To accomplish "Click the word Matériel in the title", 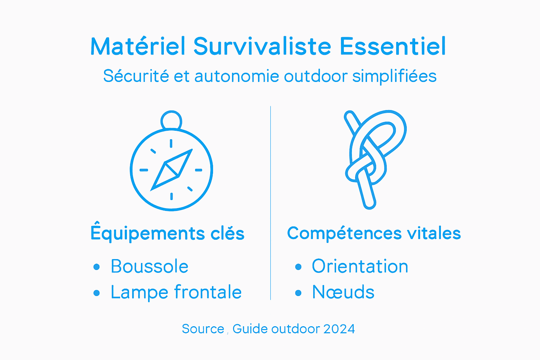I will tap(137, 46).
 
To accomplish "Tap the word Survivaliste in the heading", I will tap(262, 46).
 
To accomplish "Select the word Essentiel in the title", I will tap(393, 46).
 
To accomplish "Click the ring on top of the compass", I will tap(171, 120).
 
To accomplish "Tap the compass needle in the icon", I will tap(172, 170).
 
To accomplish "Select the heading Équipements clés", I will tap(167, 233).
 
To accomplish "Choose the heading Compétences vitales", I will tap(374, 233).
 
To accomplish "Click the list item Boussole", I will tap(149, 266).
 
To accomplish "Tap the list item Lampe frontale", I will tap(176, 292).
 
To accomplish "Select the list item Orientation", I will tap(360, 266).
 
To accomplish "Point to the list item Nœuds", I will tap(343, 292).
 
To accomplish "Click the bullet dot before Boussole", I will tap(97, 267).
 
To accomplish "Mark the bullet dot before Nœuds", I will tap(298, 293).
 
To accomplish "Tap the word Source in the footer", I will tap(203, 329).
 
